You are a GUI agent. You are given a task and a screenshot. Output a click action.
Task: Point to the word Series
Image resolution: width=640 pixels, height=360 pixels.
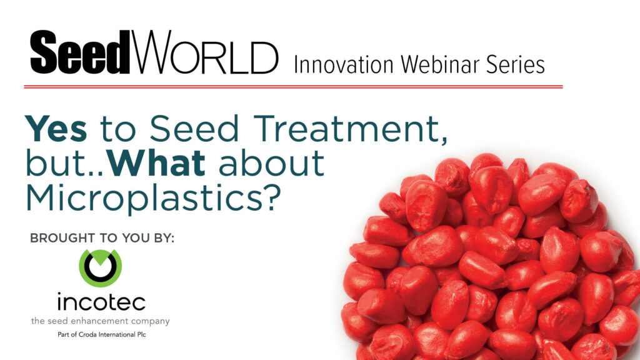(x=515, y=64)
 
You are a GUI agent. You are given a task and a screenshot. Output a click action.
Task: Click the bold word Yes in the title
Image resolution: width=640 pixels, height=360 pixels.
(x=56, y=128)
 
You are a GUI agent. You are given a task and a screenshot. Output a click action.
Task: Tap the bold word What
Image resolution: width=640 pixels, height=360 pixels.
(x=157, y=163)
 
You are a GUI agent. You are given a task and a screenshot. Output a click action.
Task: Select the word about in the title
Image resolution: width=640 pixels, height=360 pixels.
(x=271, y=163)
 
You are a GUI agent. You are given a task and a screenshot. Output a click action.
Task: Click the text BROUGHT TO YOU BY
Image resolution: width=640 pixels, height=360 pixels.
(x=102, y=238)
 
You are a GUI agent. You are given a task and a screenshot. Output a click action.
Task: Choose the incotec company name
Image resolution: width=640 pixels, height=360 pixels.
(x=101, y=302)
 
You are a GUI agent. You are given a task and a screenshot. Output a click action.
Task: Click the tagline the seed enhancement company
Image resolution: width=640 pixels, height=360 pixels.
(x=101, y=321)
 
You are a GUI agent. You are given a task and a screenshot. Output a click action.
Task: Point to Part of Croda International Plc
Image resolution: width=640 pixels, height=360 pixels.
(x=102, y=335)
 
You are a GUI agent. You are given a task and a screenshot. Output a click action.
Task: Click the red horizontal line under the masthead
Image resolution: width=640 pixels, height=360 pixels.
(x=294, y=86)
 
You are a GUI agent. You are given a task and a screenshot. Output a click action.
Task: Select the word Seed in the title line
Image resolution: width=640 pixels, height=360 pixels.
(x=194, y=128)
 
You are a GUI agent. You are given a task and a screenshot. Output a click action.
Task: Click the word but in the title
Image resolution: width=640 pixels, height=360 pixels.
(x=61, y=163)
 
